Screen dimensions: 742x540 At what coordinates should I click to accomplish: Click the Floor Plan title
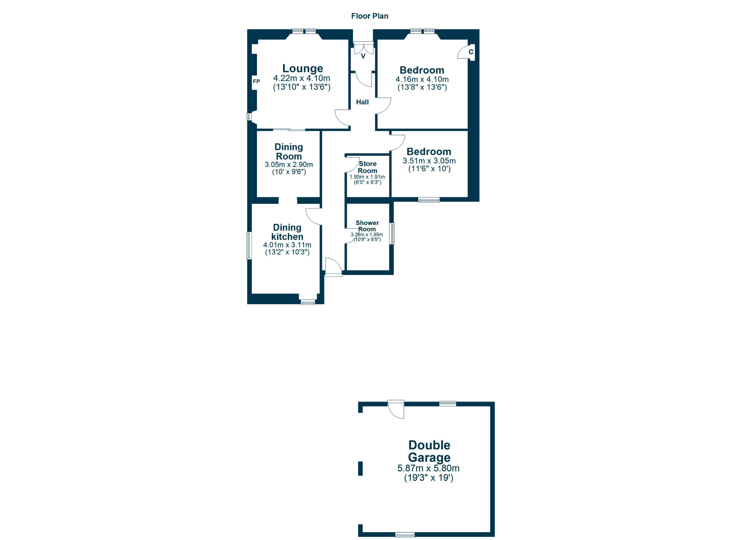click(x=370, y=16)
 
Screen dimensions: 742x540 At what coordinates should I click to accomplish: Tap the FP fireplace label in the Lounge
click(x=256, y=81)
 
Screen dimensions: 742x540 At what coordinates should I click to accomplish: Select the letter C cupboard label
click(x=471, y=52)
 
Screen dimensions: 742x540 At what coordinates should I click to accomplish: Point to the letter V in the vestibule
click(x=363, y=56)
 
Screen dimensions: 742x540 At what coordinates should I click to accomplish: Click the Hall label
click(x=362, y=102)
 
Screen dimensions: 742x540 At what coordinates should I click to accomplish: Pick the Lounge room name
click(x=303, y=68)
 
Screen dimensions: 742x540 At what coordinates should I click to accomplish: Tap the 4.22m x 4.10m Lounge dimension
click(x=302, y=78)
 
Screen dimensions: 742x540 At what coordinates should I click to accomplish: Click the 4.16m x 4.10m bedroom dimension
click(x=422, y=79)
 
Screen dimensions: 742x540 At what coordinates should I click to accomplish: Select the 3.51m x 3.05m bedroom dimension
click(x=429, y=161)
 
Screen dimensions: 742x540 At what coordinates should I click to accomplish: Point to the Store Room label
click(x=368, y=167)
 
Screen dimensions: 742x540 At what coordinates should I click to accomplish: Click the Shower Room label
click(x=367, y=226)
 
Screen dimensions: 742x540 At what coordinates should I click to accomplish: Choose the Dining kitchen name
click(x=287, y=232)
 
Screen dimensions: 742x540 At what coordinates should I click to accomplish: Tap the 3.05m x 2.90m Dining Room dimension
click(x=289, y=165)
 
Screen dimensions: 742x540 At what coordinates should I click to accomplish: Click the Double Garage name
click(x=429, y=451)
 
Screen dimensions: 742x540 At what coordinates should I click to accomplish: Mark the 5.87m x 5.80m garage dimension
click(x=428, y=468)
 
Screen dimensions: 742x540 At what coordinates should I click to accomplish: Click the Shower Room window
click(x=392, y=234)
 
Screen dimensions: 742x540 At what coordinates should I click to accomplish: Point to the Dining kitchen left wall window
click(x=249, y=246)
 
